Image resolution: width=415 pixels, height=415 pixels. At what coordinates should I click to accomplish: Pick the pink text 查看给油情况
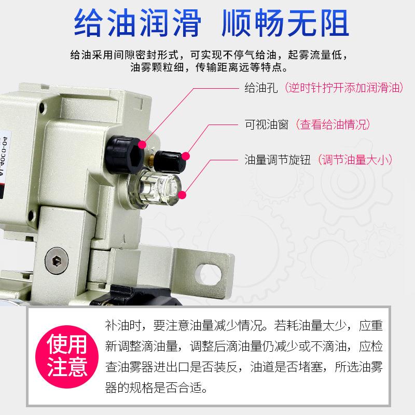(333, 125)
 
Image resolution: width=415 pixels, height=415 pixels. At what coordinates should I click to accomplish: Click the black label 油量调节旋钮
(278, 159)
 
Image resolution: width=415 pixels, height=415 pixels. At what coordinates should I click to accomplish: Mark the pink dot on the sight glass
(183, 194)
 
